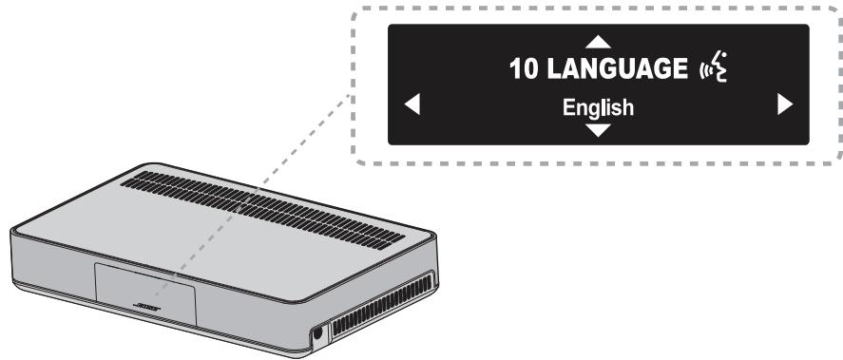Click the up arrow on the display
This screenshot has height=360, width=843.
(x=597, y=42)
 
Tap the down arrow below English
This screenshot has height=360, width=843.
(x=597, y=129)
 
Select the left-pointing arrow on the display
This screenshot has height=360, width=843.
(x=412, y=105)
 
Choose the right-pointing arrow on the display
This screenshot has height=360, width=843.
(x=784, y=105)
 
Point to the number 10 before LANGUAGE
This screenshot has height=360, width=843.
(x=525, y=70)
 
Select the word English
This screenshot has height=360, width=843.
(x=597, y=107)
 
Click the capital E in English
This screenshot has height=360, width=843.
(x=566, y=107)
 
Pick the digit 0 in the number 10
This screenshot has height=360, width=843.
(x=530, y=70)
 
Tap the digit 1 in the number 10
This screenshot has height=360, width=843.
(x=518, y=70)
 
